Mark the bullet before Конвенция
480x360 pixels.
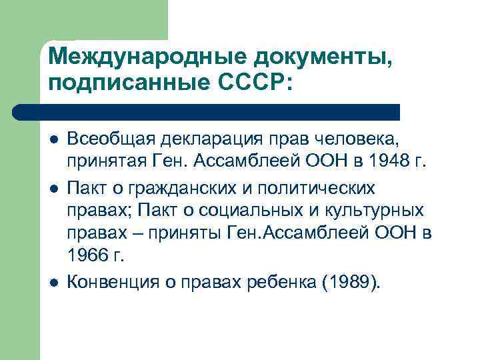(x=53, y=283)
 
